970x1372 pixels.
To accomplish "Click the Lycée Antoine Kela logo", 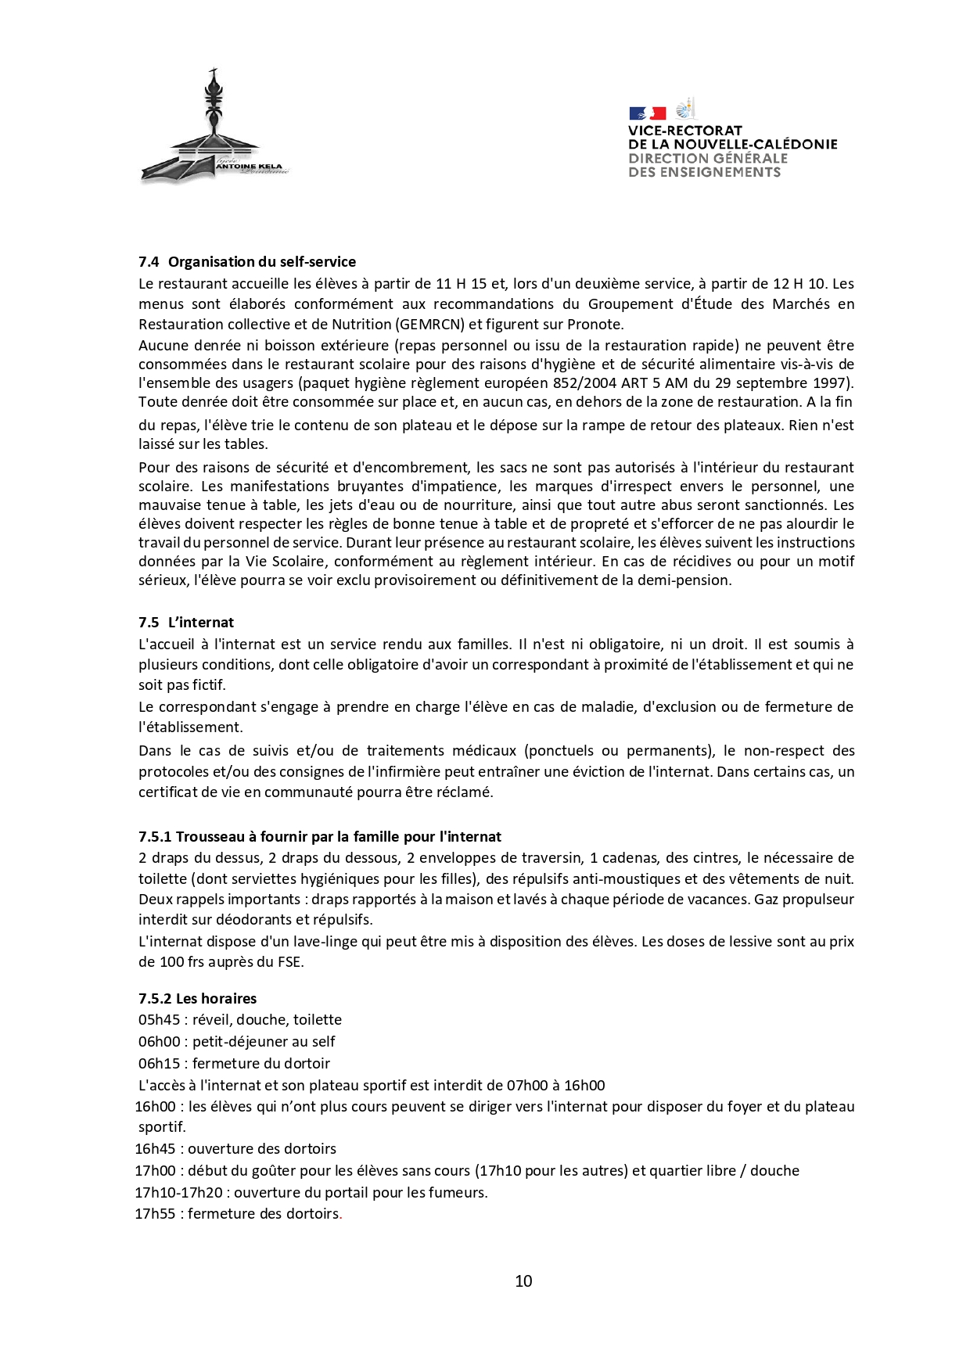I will [214, 129].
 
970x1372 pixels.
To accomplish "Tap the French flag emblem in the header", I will [647, 113].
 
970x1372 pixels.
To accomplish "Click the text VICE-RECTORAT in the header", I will [684, 131].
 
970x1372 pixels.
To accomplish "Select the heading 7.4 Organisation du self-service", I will [247, 262].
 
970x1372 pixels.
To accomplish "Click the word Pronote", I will [595, 325].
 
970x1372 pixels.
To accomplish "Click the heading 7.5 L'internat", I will [186, 623].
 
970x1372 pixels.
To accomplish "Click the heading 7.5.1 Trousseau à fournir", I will [320, 837].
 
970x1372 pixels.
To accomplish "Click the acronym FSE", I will [289, 962].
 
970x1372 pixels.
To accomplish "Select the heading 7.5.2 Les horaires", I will [198, 999].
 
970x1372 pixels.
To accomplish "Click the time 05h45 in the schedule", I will [160, 1020].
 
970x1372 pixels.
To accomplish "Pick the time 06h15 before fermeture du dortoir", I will [160, 1064].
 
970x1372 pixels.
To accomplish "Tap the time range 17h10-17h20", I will [179, 1193].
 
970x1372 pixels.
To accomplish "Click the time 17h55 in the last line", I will [156, 1214].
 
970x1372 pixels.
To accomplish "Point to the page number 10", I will [523, 1281].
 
